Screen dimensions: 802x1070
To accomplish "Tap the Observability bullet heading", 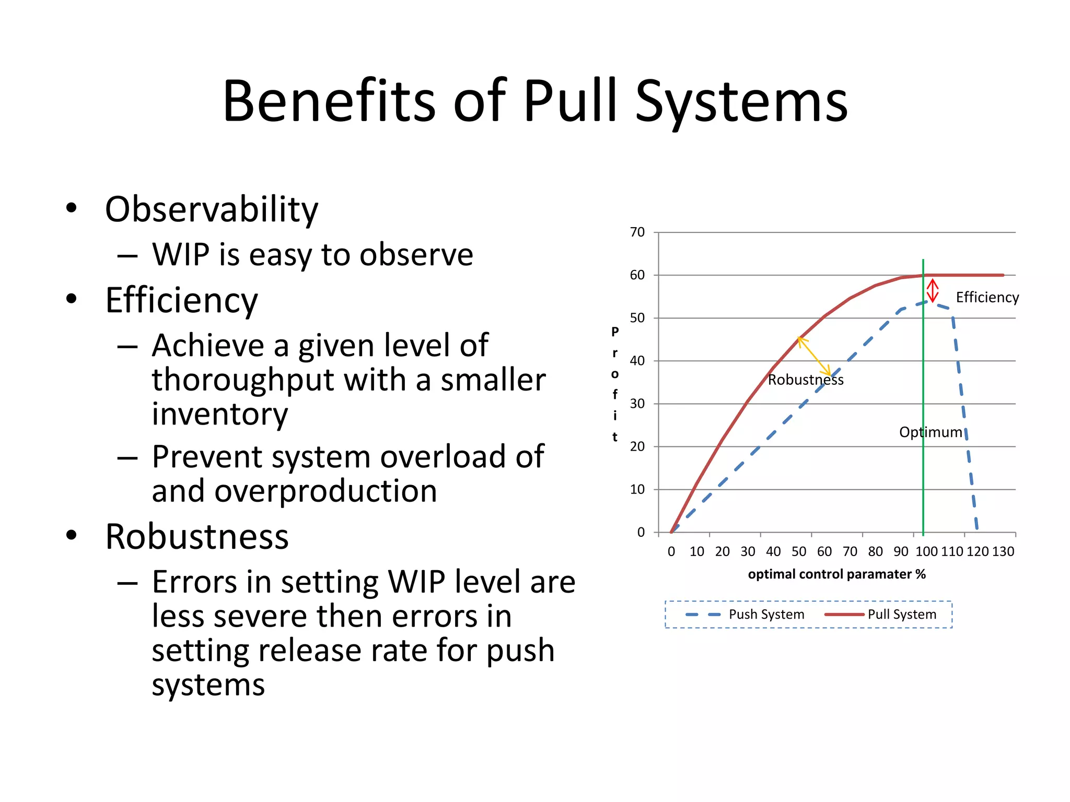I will pos(211,209).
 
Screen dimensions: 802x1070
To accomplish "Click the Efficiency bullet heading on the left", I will pos(181,300).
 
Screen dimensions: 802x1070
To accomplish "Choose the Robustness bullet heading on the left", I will pos(196,537).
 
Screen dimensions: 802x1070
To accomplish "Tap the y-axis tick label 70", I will pos(637,232).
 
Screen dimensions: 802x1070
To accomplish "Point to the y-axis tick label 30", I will pos(637,404).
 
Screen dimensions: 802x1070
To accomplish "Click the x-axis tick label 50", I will pos(798,551).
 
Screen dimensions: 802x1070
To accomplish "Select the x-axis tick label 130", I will pos(1003,551).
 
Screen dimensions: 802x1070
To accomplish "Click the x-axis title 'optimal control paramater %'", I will pos(836,574).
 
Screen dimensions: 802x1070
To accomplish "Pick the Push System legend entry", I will pos(766,615).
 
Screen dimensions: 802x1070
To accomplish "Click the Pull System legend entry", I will pos(901,615).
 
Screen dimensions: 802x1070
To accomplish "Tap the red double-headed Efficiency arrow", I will pos(933,291).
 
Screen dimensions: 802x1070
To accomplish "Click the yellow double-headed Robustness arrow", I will pos(814,356).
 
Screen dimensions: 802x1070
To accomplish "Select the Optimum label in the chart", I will pos(930,432).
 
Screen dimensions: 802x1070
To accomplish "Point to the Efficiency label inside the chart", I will pos(987,298).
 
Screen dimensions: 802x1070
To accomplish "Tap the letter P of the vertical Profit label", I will pos(615,332).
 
